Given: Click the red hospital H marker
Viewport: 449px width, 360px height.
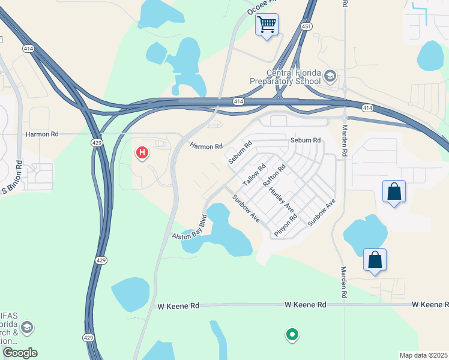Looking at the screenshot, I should point(142,153).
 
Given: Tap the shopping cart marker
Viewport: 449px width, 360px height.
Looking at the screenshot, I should point(267,25).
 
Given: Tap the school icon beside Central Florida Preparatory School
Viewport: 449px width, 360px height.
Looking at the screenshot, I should point(330,76).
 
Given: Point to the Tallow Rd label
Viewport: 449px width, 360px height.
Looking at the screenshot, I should point(254,175).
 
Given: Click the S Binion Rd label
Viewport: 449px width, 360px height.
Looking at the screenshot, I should point(11,178).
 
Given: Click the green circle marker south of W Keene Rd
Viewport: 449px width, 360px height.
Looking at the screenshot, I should point(292,334).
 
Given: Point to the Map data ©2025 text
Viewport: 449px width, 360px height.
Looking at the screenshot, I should point(423,355).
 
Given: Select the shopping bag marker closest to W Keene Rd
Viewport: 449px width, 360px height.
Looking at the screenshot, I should point(375,260).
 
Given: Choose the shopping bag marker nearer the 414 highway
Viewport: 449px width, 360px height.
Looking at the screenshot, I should point(394,192).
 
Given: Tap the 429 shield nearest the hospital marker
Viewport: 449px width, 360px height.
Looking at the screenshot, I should point(96,142).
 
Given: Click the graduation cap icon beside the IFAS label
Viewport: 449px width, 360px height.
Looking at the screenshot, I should point(26,328).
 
